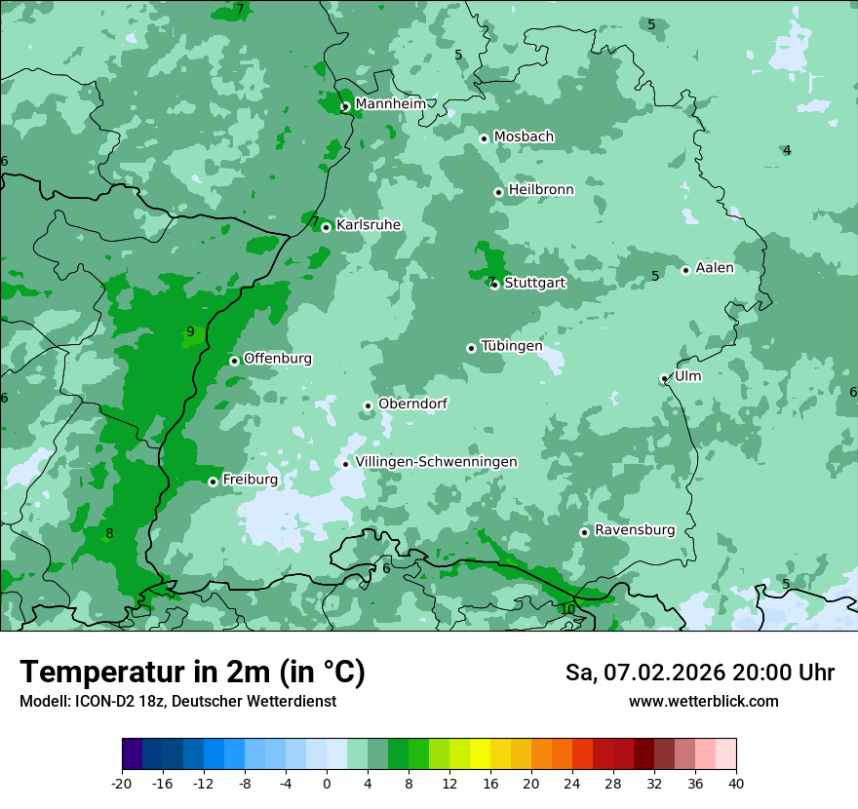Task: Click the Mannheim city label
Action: (x=390, y=103)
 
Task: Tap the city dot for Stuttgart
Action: (x=495, y=285)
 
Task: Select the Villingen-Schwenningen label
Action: (x=436, y=461)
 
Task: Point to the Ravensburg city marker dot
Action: (x=585, y=532)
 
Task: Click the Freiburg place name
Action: (x=250, y=480)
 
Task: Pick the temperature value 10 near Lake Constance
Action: (x=567, y=609)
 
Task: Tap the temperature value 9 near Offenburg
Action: (x=190, y=332)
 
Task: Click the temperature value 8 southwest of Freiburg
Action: (x=109, y=533)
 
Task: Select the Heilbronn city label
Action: (x=541, y=189)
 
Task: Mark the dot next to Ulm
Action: (x=665, y=379)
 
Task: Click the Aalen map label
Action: (x=715, y=268)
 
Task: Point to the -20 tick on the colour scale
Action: (x=122, y=783)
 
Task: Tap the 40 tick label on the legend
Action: (x=736, y=783)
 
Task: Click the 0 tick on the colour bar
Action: (x=327, y=783)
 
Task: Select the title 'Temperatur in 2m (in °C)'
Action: (x=192, y=673)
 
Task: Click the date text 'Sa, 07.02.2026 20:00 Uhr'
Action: (x=700, y=673)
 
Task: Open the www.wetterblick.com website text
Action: (x=703, y=702)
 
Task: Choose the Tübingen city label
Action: (x=512, y=346)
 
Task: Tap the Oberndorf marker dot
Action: (x=369, y=406)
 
